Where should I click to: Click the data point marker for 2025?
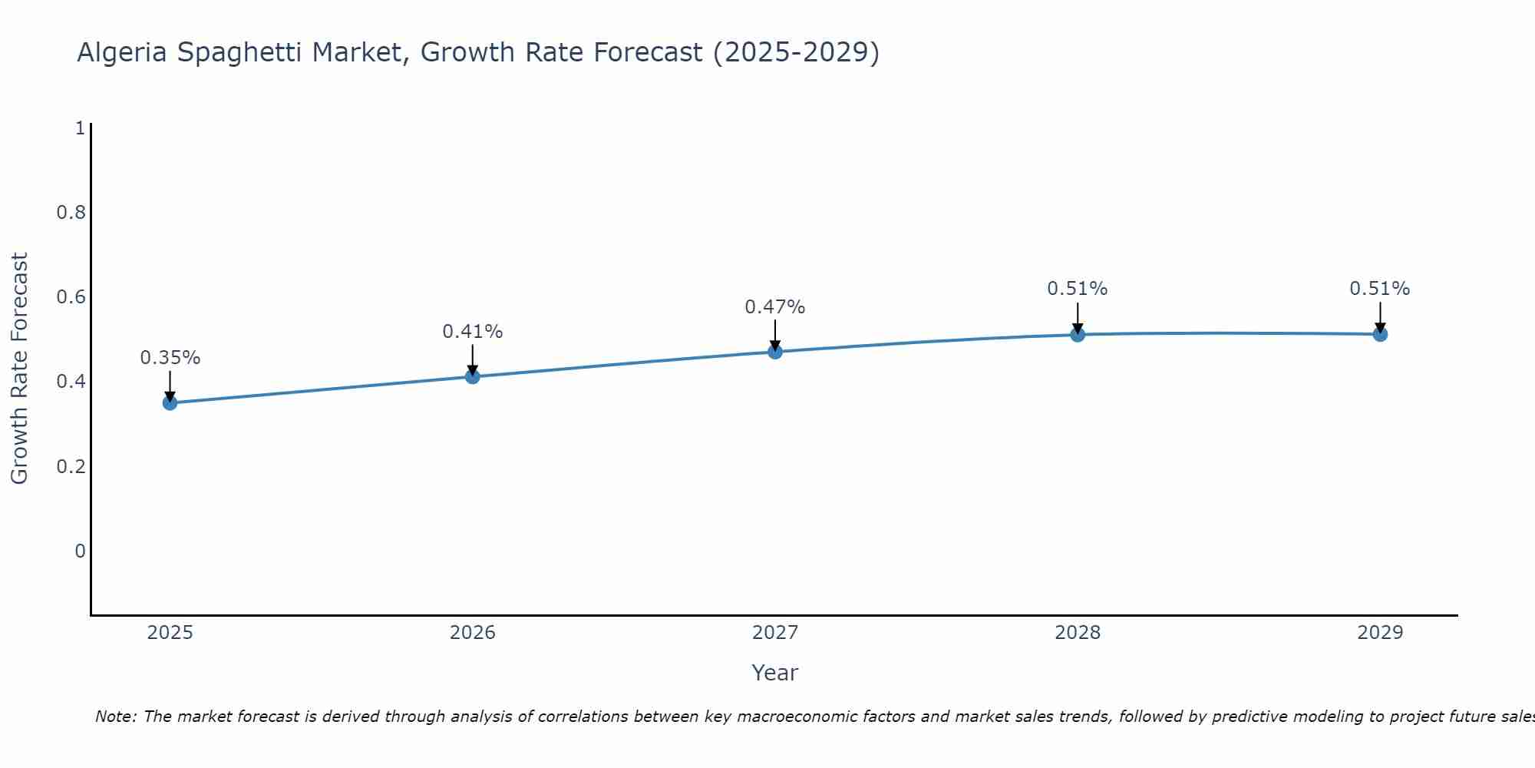coord(170,402)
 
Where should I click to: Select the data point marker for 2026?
coord(472,376)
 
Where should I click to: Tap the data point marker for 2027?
coord(775,352)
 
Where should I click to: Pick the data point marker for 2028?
coord(1078,334)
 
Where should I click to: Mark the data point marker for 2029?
coord(1380,334)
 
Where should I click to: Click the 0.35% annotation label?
coord(170,358)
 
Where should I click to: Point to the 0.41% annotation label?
coord(472,332)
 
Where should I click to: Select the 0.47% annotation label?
coord(775,307)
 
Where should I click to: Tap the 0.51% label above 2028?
coord(1078,289)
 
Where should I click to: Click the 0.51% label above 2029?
coord(1380,289)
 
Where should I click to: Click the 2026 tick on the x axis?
coord(472,633)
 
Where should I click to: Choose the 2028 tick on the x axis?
coord(1078,633)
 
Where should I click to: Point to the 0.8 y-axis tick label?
coord(71,213)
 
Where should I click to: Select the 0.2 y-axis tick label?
coord(71,467)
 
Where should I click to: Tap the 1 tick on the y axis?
coord(80,128)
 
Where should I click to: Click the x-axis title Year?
coord(775,673)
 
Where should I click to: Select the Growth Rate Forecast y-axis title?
coord(20,369)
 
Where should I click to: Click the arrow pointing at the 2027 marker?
coord(775,335)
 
